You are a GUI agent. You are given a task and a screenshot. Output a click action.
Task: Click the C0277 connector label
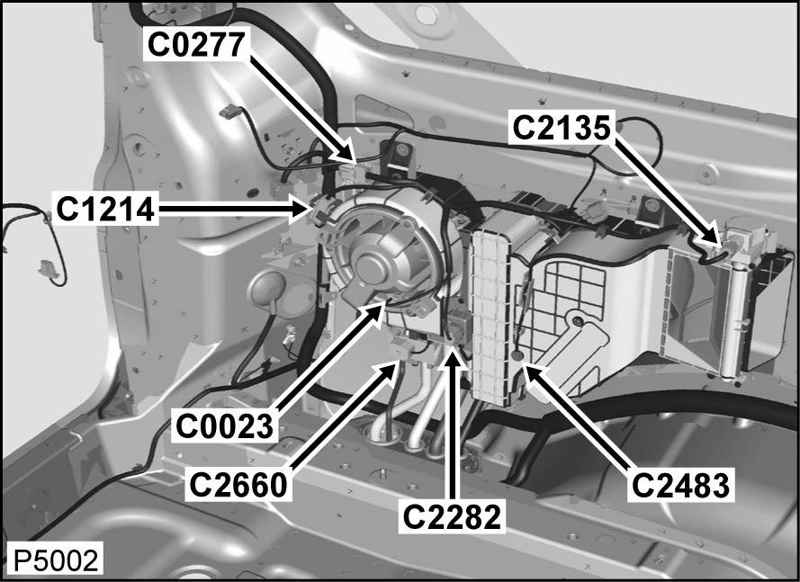[197, 44]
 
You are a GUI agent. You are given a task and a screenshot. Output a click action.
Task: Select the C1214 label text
[105, 209]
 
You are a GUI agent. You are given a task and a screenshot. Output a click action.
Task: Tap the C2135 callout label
[562, 127]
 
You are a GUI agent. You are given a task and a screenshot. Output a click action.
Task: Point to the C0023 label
[224, 425]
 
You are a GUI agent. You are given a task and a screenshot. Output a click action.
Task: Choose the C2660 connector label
[238, 485]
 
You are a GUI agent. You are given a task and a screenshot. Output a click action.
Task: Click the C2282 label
[452, 517]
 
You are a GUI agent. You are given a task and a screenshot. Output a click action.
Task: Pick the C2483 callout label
[680, 485]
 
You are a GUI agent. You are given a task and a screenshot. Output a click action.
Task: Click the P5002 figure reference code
[56, 560]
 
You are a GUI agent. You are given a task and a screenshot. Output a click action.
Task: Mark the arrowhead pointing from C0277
[345, 152]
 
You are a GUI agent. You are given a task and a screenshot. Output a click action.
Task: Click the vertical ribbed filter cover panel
[490, 317]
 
